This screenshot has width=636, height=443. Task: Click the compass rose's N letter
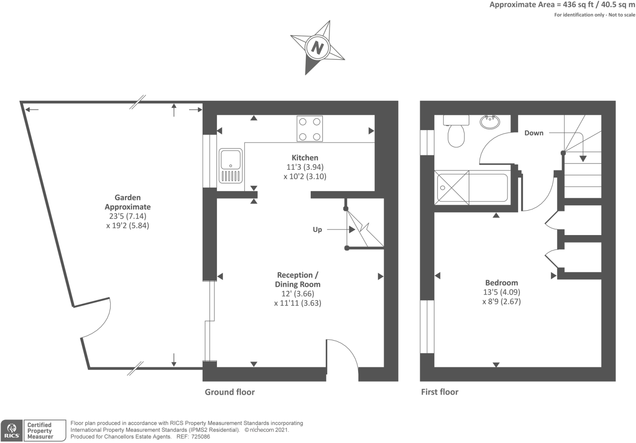click(317, 47)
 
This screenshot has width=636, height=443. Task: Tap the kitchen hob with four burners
click(310, 129)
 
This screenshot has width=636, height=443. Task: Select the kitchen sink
click(230, 165)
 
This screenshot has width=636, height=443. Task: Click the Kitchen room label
click(305, 158)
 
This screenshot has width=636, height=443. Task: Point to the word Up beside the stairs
click(317, 230)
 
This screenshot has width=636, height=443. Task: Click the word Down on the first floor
click(534, 133)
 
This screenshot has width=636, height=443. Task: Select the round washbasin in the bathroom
click(490, 121)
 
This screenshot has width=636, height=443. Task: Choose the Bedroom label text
click(501, 283)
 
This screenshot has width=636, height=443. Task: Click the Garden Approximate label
click(128, 202)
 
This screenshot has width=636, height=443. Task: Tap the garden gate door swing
click(96, 320)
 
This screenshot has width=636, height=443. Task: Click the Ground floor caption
click(230, 392)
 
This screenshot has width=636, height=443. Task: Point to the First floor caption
click(440, 392)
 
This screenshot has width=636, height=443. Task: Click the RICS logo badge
click(12, 431)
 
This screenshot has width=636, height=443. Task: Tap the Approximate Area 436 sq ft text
click(562, 5)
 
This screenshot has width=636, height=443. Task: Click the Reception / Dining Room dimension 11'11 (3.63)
click(298, 303)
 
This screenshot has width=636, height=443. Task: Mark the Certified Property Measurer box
click(45, 431)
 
